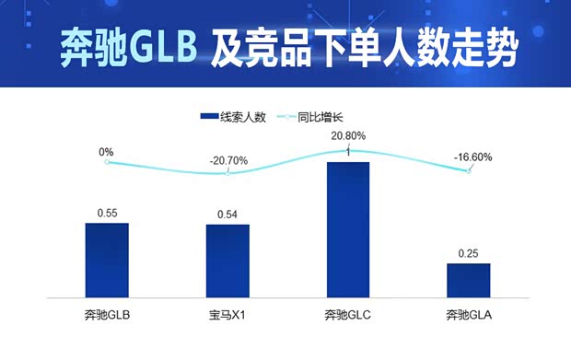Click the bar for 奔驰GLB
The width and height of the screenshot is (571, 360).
(x=107, y=260)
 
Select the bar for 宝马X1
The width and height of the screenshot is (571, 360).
(x=227, y=261)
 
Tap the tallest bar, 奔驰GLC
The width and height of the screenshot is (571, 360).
(x=348, y=229)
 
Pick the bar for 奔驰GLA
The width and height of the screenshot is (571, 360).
(x=469, y=280)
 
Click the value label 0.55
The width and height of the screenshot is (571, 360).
(x=107, y=214)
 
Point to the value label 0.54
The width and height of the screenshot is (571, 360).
(x=227, y=215)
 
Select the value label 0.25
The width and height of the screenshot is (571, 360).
(x=469, y=253)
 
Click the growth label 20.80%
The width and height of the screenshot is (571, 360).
(x=348, y=134)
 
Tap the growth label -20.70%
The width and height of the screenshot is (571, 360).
(x=228, y=160)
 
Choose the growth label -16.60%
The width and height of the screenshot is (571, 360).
(x=472, y=157)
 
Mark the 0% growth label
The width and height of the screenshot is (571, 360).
(x=106, y=152)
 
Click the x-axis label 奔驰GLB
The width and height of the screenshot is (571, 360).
(x=107, y=316)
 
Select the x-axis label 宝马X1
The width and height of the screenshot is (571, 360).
(x=227, y=316)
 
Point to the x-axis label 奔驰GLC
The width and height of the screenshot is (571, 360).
(x=348, y=316)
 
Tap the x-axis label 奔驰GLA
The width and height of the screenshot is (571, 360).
(x=469, y=316)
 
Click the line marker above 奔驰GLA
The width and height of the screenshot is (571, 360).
(x=469, y=171)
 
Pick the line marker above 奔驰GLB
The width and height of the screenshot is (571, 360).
(x=107, y=162)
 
